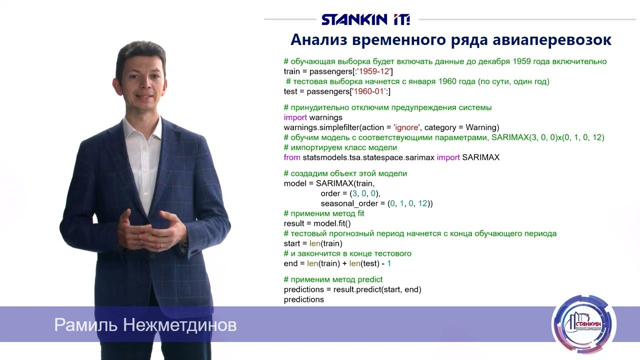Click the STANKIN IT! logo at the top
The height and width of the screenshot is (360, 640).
pyautogui.click(x=365, y=19)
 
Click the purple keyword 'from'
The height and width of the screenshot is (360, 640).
pyautogui.click(x=292, y=157)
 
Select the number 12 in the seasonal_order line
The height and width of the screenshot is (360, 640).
pyautogui.click(x=423, y=203)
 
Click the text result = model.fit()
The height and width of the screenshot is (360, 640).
pyautogui.click(x=317, y=223)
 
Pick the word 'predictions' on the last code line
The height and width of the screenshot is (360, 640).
pyautogui.click(x=303, y=299)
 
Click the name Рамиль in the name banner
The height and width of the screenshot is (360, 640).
pyautogui.click(x=85, y=325)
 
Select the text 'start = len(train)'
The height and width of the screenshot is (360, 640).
pyautogui.click(x=313, y=243)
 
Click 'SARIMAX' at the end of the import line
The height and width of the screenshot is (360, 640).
pyautogui.click(x=480, y=157)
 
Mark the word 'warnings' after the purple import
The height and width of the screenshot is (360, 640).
pyautogui.click(x=326, y=117)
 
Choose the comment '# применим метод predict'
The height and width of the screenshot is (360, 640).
pyautogui.click(x=333, y=279)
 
